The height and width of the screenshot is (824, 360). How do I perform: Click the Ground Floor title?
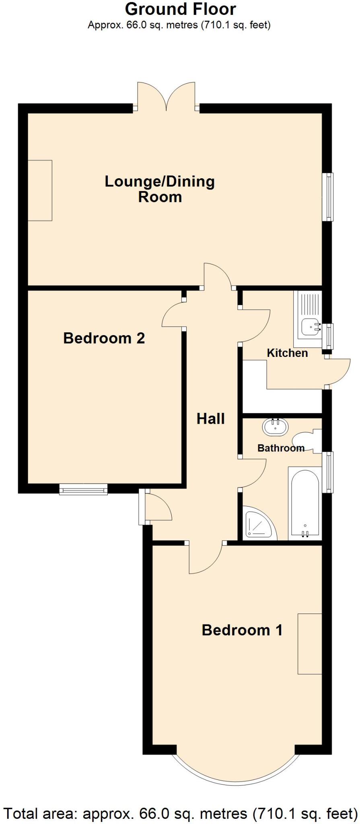(x=180, y=9)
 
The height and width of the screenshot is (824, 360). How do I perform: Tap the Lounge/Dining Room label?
(x=160, y=189)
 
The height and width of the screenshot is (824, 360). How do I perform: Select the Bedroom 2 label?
(x=104, y=338)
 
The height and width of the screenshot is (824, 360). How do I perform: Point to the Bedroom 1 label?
(x=242, y=630)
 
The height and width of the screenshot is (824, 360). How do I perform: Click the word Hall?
(x=210, y=419)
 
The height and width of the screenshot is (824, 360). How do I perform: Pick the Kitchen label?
(x=287, y=353)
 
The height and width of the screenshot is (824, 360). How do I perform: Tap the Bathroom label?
(x=281, y=448)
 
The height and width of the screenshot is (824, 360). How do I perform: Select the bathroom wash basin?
(x=276, y=426)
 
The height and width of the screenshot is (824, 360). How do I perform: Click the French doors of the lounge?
(x=167, y=97)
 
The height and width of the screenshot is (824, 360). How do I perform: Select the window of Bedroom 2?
(x=84, y=489)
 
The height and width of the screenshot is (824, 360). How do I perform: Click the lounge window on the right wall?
(x=329, y=197)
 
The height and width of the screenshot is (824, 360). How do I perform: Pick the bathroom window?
(x=329, y=472)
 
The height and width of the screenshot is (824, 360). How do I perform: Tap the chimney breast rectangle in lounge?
(x=40, y=190)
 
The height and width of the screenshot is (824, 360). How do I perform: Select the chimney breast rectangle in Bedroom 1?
(x=309, y=644)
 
